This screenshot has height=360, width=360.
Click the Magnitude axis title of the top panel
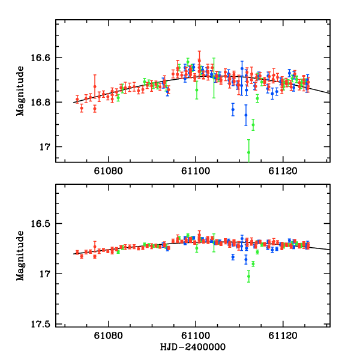[21, 91]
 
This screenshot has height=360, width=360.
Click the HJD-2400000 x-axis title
[192, 347]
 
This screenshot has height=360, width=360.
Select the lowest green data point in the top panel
[248, 152]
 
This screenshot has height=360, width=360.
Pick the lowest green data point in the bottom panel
[248, 276]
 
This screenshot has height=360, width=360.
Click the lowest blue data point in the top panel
[246, 115]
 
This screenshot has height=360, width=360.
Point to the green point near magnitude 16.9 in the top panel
[253, 125]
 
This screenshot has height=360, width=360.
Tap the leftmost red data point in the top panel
[77, 98]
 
